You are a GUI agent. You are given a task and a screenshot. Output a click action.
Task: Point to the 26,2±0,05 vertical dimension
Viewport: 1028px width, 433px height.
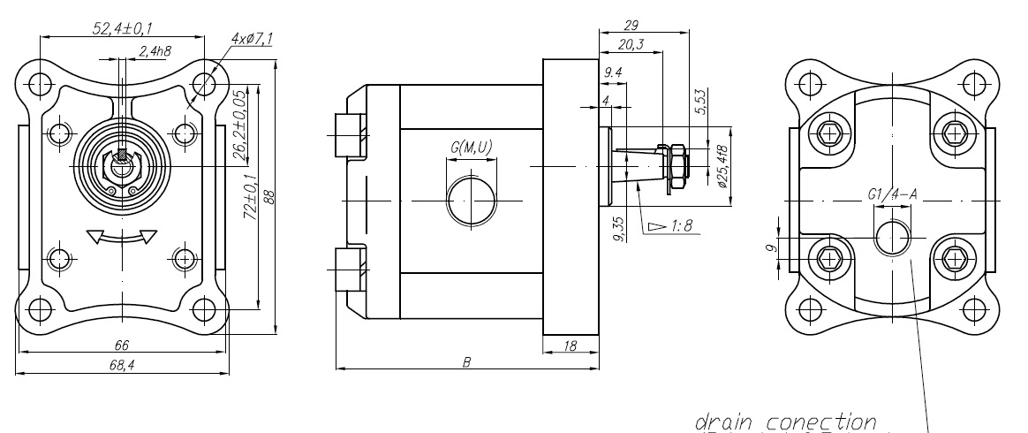[x=238, y=125]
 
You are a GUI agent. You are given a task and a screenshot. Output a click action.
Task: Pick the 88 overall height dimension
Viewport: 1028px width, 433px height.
[x=268, y=197]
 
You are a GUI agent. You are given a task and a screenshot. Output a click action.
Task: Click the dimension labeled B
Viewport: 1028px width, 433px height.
[x=465, y=361]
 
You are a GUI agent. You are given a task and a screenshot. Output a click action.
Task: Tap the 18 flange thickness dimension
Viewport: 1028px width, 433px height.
[x=570, y=347]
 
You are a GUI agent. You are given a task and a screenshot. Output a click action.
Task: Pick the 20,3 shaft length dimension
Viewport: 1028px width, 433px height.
[x=631, y=44]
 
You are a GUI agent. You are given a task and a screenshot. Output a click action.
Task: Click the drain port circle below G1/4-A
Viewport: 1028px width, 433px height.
[x=893, y=239]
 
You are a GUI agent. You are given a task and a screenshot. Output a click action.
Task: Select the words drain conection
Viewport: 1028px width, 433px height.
[x=785, y=421]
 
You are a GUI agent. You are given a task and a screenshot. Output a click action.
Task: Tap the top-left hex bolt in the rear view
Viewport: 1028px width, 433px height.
[x=828, y=133]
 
